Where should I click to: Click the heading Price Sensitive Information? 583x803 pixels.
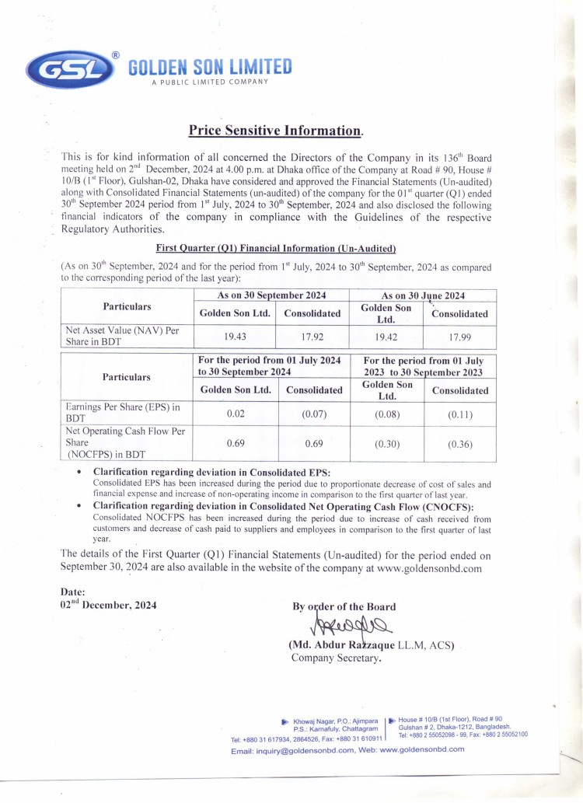point(276,130)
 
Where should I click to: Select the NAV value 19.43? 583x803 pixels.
point(236,337)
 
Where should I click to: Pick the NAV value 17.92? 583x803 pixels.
point(312,337)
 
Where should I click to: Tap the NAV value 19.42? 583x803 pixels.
point(387,337)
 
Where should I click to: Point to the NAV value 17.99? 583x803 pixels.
point(459,337)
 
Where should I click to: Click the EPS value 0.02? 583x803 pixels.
point(236,414)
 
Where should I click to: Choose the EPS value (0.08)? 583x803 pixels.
point(387,414)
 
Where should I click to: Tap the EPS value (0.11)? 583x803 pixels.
point(459,414)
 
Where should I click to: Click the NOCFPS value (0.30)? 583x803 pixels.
point(387,445)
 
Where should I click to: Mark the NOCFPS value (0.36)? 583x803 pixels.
point(459,445)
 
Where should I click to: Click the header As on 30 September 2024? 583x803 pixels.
point(271,295)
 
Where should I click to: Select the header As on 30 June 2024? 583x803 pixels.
point(423,295)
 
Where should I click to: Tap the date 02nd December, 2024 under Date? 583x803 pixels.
point(108,605)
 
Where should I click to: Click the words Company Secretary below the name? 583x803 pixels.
point(336,658)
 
